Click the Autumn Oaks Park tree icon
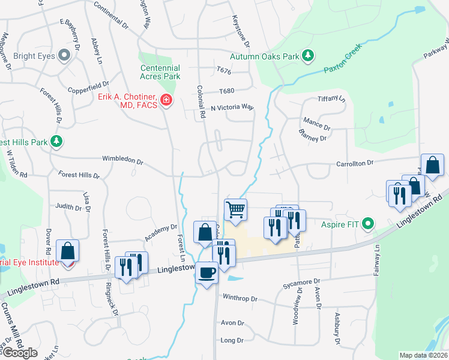308,56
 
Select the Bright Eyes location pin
65,56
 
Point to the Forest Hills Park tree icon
57,142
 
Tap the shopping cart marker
235,211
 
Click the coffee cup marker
207,274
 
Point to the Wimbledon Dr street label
122,161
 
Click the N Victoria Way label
232,107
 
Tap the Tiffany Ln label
332,99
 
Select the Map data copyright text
423,355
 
